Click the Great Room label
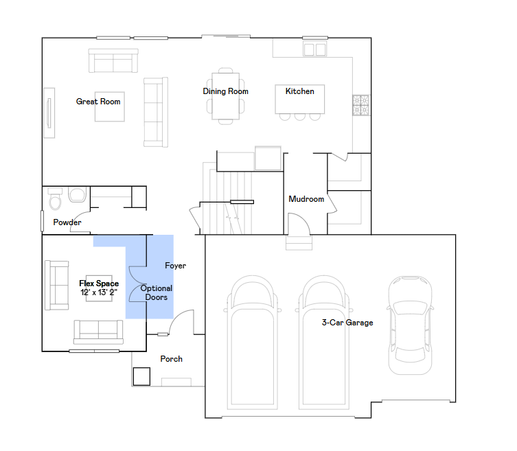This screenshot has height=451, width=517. click(x=98, y=102)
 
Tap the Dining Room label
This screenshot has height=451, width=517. click(x=225, y=91)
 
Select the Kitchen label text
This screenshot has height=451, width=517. click(x=300, y=91)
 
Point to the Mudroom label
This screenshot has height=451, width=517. click(x=306, y=199)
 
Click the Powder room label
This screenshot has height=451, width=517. click(x=68, y=222)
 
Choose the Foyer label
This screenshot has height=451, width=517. click(x=176, y=266)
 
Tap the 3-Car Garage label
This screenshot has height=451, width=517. click(x=348, y=322)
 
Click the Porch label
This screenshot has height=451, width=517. click(x=172, y=359)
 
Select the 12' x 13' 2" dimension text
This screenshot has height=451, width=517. click(x=99, y=292)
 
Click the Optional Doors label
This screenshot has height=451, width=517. click(x=157, y=293)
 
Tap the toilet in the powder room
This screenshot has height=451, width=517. click(x=55, y=200)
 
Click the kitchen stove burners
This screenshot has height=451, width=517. click(x=360, y=105)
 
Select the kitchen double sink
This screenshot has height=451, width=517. click(x=315, y=49)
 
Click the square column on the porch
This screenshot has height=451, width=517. click(x=141, y=376)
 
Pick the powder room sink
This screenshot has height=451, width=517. click(x=76, y=195)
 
